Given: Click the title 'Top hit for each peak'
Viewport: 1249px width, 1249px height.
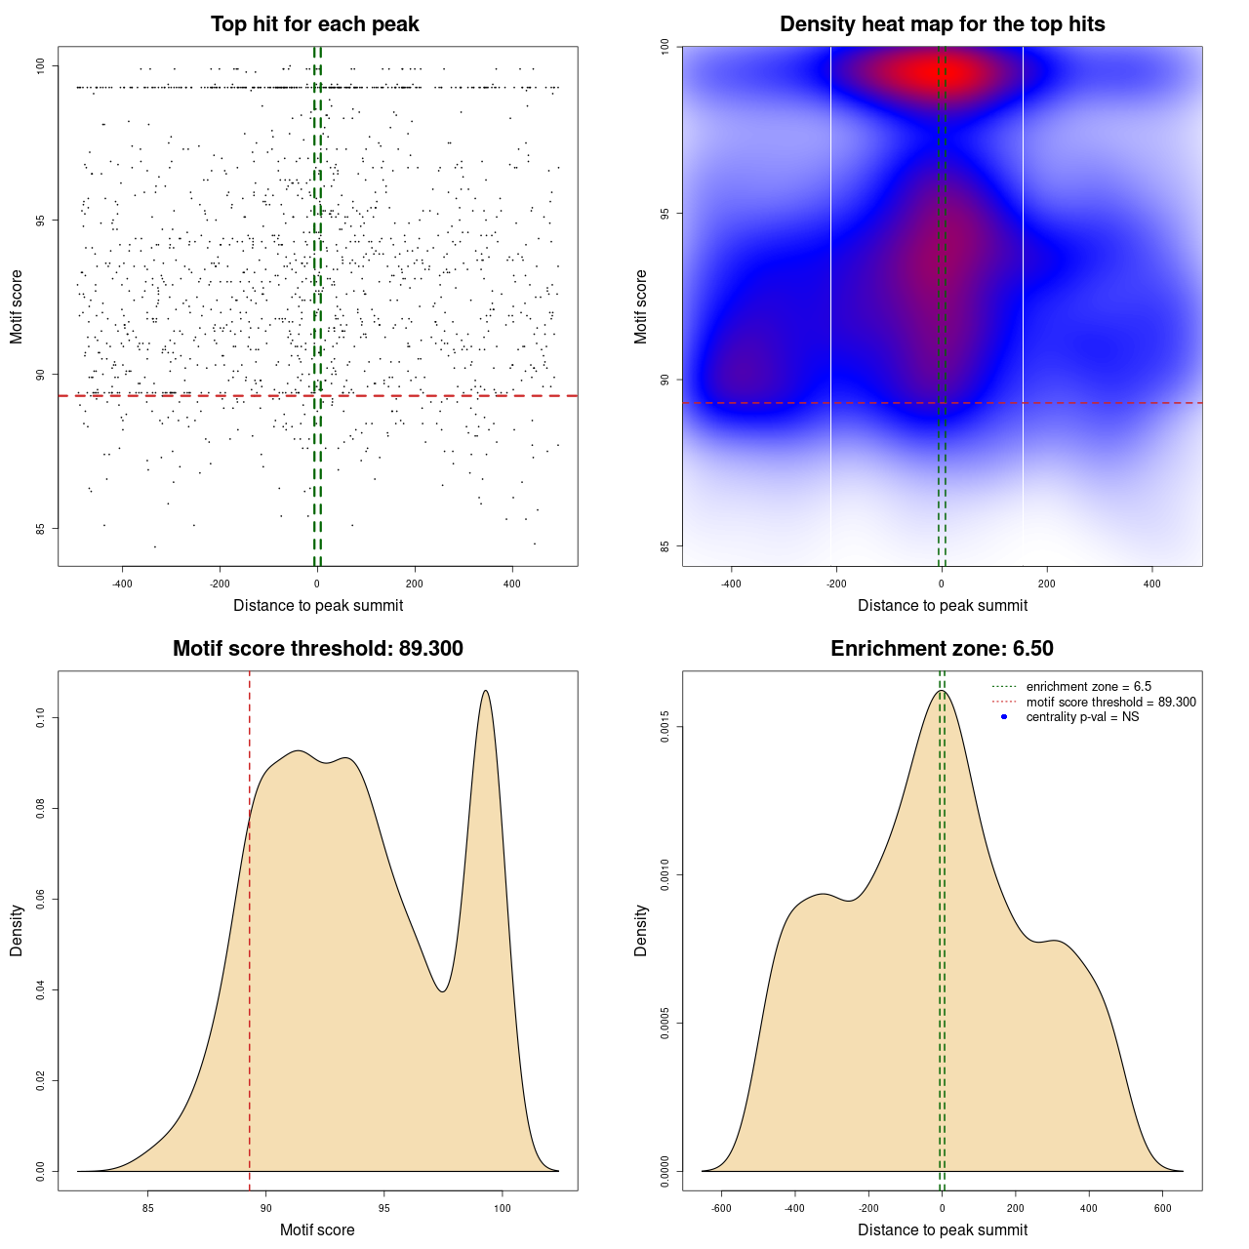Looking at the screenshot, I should pos(315,24).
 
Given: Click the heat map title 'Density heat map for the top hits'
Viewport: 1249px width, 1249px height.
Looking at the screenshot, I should pos(942,24).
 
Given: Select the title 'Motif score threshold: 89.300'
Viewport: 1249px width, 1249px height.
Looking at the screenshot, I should pos(317,649).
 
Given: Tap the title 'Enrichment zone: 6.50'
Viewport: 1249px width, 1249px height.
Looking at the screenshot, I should pos(942,649).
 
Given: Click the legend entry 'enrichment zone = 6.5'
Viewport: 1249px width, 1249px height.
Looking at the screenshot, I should pos(1088,687).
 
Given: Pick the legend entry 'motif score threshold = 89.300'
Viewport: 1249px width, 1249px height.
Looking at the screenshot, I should pos(1110,702).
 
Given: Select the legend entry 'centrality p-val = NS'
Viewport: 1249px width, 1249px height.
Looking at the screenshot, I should pos(1082,717).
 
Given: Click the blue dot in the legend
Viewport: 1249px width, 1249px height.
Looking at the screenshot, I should pos(1004,717).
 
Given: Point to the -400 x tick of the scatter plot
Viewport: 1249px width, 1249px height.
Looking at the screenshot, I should pos(122,584).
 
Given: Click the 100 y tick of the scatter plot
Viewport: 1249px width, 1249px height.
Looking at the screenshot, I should pos(41,65).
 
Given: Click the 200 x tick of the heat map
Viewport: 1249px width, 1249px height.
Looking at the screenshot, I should pos(1047,584).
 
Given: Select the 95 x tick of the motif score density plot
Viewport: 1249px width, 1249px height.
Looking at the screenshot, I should pos(384,1208).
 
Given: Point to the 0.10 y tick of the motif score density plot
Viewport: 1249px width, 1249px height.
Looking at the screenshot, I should pos(41,718).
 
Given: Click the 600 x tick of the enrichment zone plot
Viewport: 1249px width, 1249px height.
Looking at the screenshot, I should pos(1162,1208).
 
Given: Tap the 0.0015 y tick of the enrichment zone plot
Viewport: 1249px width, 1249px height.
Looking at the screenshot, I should pos(665,727).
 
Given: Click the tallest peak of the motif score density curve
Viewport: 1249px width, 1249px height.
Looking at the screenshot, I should pos(485,691).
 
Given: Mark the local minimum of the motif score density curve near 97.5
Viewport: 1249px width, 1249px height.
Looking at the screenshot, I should pos(442,991).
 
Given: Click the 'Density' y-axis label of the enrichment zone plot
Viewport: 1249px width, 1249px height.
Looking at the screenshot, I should pos(641,930).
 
